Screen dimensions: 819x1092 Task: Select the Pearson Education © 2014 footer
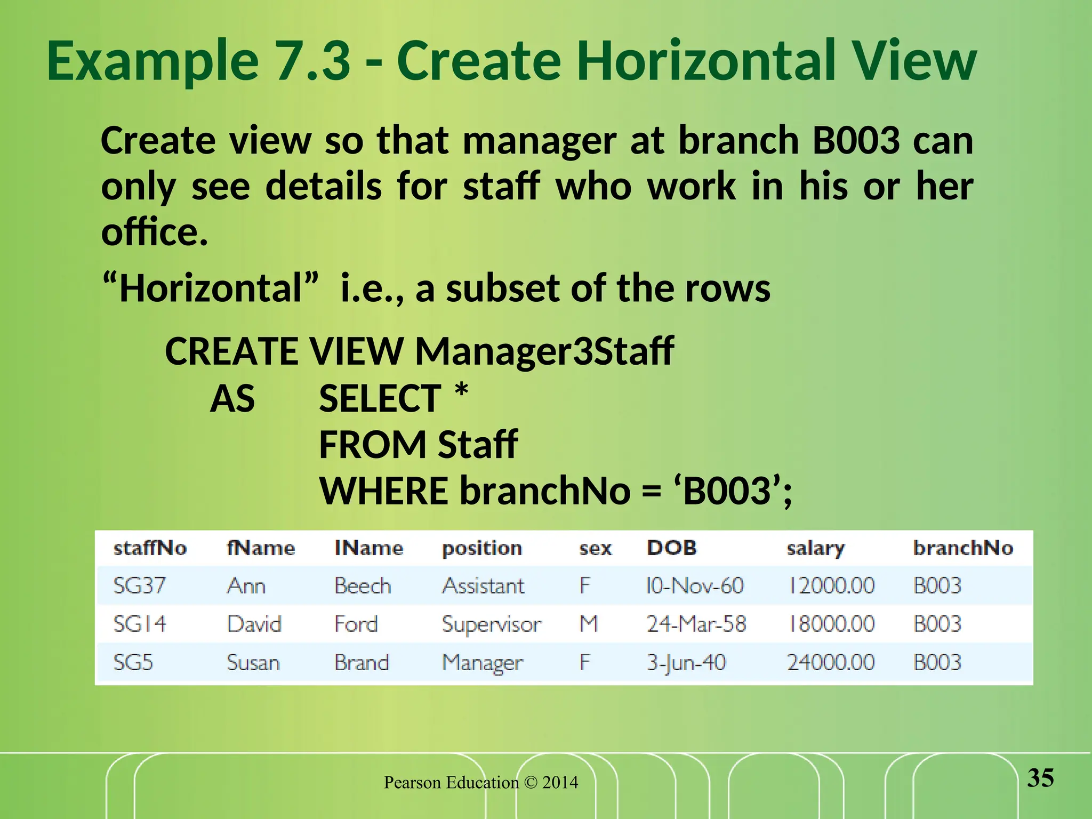[481, 782]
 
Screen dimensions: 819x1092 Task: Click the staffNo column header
[150, 548]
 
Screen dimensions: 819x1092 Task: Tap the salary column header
[815, 548]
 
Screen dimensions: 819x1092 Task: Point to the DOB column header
[671, 548]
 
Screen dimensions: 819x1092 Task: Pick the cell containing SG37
[139, 585]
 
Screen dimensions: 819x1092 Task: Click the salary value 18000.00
[831, 624]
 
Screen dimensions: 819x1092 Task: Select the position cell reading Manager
[483, 663]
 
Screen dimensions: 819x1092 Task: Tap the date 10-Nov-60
[694, 585]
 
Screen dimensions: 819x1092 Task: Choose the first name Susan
[253, 663]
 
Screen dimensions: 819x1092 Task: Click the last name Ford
[356, 624]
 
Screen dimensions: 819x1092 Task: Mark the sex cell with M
[589, 624]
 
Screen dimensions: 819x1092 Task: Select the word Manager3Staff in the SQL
[544, 351]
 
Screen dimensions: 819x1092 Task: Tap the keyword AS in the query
[232, 399]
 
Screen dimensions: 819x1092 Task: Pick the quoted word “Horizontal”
[211, 288]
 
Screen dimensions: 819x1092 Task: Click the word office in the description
[150, 232]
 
